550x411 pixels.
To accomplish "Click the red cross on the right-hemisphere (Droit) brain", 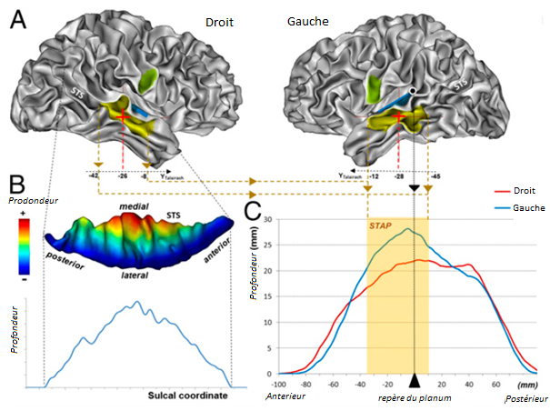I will [x=122, y=114].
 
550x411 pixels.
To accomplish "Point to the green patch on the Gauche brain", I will [x=374, y=89].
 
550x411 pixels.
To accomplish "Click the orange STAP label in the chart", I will [x=382, y=226].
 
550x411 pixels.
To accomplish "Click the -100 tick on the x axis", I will [x=278, y=384].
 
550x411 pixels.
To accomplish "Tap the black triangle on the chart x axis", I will [x=414, y=381].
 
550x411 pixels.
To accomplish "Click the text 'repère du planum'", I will [x=415, y=397].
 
